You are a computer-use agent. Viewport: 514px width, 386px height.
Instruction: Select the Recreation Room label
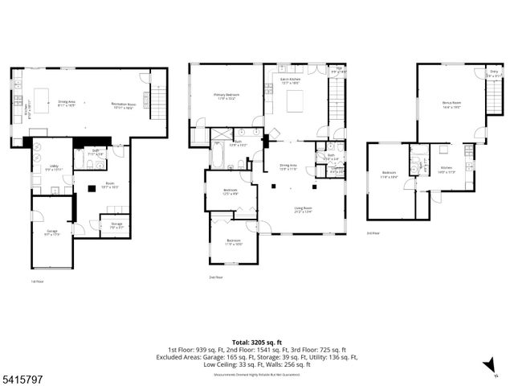[x=123, y=105]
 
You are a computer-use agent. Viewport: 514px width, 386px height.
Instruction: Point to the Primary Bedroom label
[x=226, y=96]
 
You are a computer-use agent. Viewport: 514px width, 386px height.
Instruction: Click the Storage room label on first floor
[x=116, y=226]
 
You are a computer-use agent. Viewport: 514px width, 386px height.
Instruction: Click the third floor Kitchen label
[x=446, y=171]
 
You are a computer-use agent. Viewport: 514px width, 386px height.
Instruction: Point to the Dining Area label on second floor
[x=288, y=167]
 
